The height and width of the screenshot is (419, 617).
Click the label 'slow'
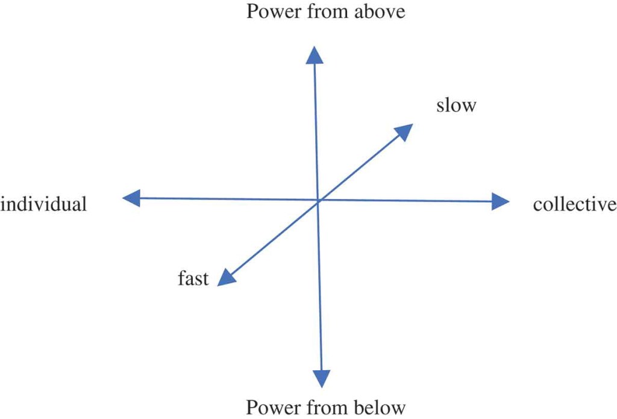tap(456, 106)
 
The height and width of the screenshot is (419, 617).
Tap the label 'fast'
tap(193, 279)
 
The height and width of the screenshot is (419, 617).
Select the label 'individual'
tap(44, 204)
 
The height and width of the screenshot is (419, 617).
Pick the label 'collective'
tap(574, 204)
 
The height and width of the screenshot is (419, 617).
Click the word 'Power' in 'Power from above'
tap(271, 11)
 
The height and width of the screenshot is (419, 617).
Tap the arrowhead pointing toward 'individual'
tap(131, 198)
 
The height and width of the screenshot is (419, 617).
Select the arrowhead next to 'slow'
tap(404, 131)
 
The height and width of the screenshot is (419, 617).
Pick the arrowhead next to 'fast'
tap(225, 277)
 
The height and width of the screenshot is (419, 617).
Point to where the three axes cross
tap(318, 200)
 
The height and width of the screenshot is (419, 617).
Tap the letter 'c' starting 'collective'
tap(537, 205)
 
